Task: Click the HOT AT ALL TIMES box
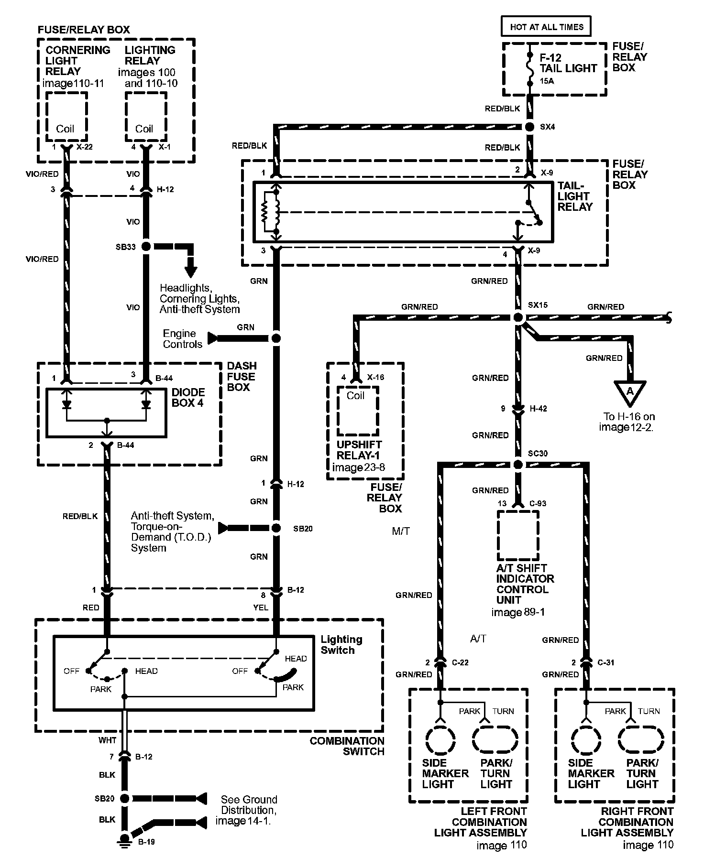pos(546,27)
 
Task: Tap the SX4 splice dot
pos(529,127)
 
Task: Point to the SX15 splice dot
pos(518,317)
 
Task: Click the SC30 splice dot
pos(518,465)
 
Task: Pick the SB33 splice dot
pos(146,247)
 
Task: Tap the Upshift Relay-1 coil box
pos(357,410)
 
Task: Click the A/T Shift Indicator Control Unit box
pos(518,535)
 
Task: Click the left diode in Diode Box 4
pos(67,404)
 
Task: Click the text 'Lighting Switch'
pos(341,645)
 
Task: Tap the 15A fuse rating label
pos(547,81)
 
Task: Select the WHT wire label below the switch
pos(107,740)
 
